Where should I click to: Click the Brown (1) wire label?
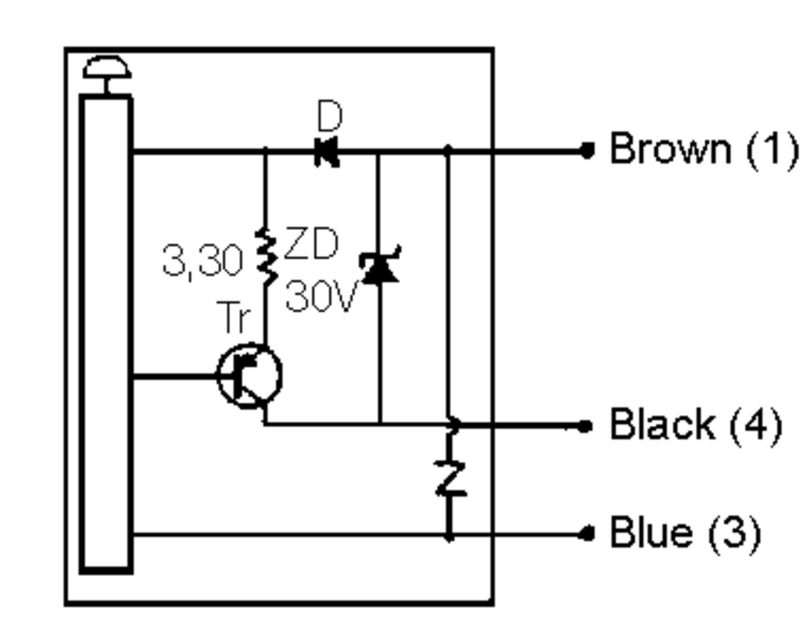(x=704, y=149)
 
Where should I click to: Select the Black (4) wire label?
(x=695, y=425)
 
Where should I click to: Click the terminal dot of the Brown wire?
(x=587, y=151)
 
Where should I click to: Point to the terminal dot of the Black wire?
(x=585, y=426)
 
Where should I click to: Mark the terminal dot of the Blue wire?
(x=586, y=534)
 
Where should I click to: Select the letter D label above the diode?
(x=329, y=116)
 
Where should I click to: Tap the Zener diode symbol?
(x=381, y=266)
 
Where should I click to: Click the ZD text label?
(x=311, y=244)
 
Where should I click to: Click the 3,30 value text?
(x=202, y=261)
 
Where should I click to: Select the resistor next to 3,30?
(x=266, y=257)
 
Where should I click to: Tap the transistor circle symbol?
(x=250, y=376)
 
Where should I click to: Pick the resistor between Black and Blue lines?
(x=450, y=478)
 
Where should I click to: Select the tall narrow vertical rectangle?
(x=107, y=333)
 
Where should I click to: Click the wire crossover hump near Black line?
(x=455, y=425)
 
